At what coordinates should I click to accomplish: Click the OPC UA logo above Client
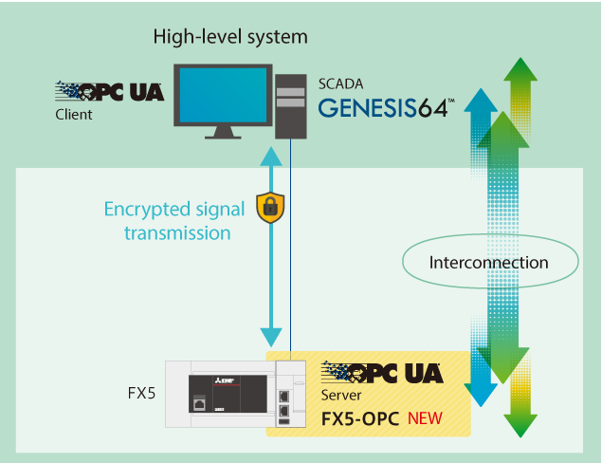coord(109,92)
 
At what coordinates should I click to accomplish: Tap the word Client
coord(74,115)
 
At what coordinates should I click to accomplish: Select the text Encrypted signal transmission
coord(174,220)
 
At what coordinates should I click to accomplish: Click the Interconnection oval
coord(488,263)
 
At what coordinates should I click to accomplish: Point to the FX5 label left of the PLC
coord(140,391)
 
